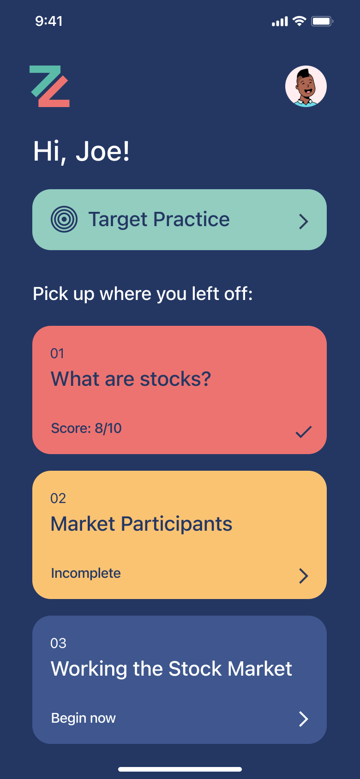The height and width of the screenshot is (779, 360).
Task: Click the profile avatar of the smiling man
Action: click(x=306, y=86)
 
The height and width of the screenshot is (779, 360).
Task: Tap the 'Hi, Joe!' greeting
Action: click(x=81, y=152)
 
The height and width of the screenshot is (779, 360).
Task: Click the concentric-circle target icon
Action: click(x=64, y=220)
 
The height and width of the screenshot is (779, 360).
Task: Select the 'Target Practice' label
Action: click(x=159, y=220)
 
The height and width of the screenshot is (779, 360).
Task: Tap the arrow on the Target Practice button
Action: click(x=304, y=222)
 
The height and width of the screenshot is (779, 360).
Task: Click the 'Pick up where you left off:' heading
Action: click(x=143, y=294)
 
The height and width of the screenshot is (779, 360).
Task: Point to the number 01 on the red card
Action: click(x=57, y=354)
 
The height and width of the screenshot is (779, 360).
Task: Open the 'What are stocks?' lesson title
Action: click(x=131, y=379)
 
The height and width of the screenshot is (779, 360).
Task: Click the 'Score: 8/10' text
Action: click(x=86, y=428)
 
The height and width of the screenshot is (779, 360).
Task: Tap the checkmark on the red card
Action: click(x=304, y=431)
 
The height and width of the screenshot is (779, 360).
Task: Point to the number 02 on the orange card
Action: click(x=58, y=498)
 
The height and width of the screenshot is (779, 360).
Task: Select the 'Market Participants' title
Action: click(x=141, y=524)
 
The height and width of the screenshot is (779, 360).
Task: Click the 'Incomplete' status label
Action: click(x=86, y=573)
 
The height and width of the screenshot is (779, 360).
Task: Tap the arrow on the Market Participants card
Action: click(x=304, y=576)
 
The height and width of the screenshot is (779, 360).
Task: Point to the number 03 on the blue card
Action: click(x=58, y=643)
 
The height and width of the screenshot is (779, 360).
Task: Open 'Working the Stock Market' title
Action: click(x=172, y=669)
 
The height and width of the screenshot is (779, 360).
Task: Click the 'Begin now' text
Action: click(x=84, y=718)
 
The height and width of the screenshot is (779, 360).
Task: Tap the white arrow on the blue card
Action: click(x=304, y=719)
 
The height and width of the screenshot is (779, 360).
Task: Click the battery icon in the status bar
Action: click(x=323, y=22)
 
